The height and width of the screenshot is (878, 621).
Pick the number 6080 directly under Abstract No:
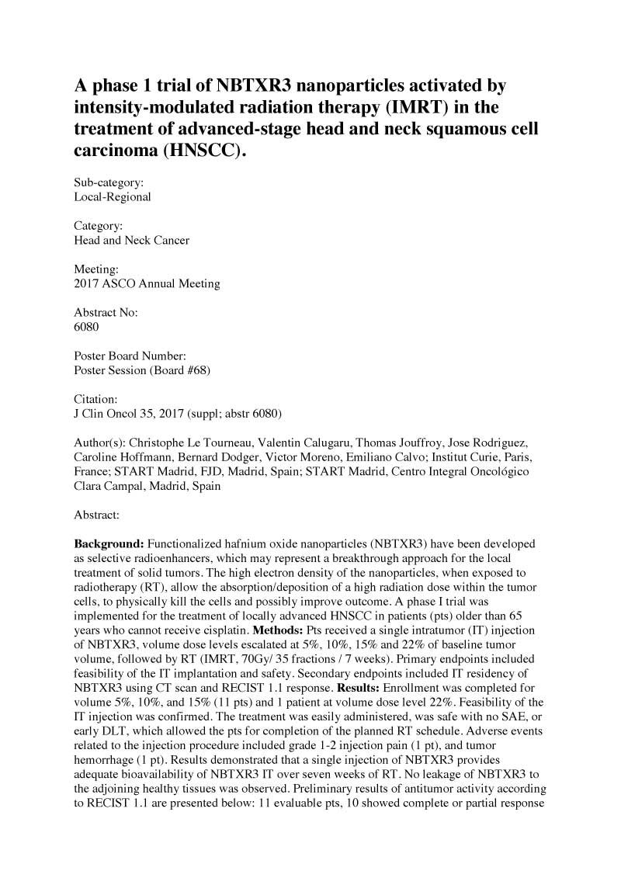tap(86, 327)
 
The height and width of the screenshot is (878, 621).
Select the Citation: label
tap(95, 399)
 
